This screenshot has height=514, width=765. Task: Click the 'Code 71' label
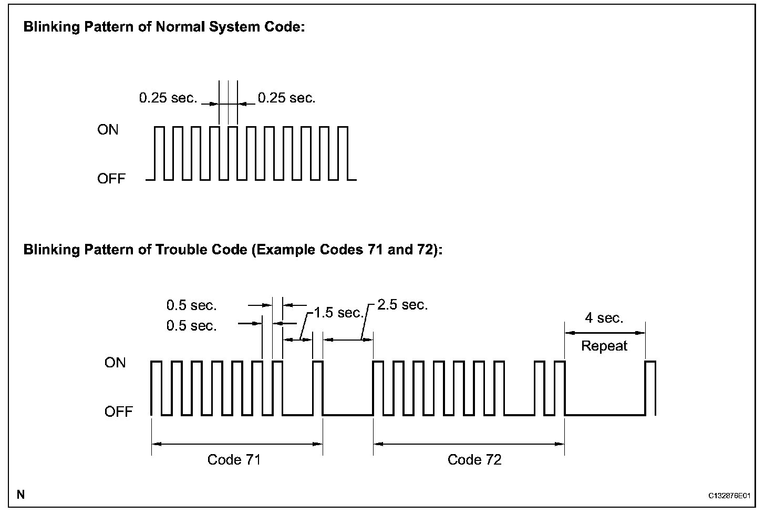coord(234,460)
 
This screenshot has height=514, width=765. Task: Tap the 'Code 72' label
coord(474,460)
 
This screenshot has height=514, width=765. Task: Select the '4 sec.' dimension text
coord(604,318)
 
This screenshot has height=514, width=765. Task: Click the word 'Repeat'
coord(604,346)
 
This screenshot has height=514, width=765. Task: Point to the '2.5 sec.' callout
coord(402,305)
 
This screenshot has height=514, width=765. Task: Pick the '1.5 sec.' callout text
coord(339,313)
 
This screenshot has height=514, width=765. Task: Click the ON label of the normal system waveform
coord(108,130)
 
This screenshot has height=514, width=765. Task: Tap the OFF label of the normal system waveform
coord(111,179)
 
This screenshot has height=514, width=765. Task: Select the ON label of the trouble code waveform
coord(115,363)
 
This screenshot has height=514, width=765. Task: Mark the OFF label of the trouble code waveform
coord(119,412)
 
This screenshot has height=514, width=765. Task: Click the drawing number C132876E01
coord(729,496)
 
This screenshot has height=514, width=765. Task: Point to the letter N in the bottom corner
coord(20,495)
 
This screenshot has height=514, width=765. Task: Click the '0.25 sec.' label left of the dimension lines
coord(168,98)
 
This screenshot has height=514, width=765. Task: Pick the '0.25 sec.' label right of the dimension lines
coord(287,98)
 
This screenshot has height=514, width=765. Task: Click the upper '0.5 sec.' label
coord(192,305)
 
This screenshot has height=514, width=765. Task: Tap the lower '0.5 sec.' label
coord(192,326)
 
